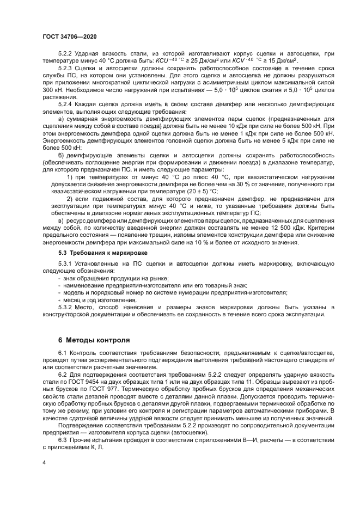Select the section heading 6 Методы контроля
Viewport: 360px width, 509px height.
[x=94, y=340]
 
